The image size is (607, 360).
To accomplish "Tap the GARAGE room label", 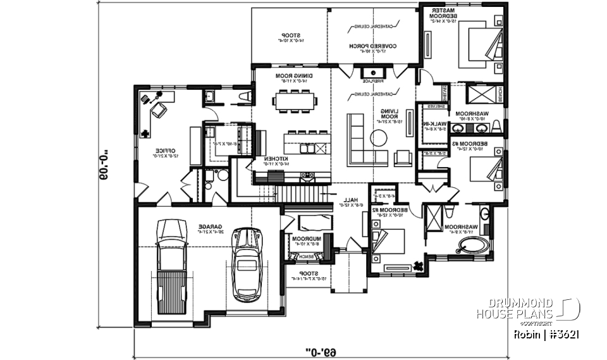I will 207,228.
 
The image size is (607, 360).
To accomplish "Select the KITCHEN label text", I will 277,159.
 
